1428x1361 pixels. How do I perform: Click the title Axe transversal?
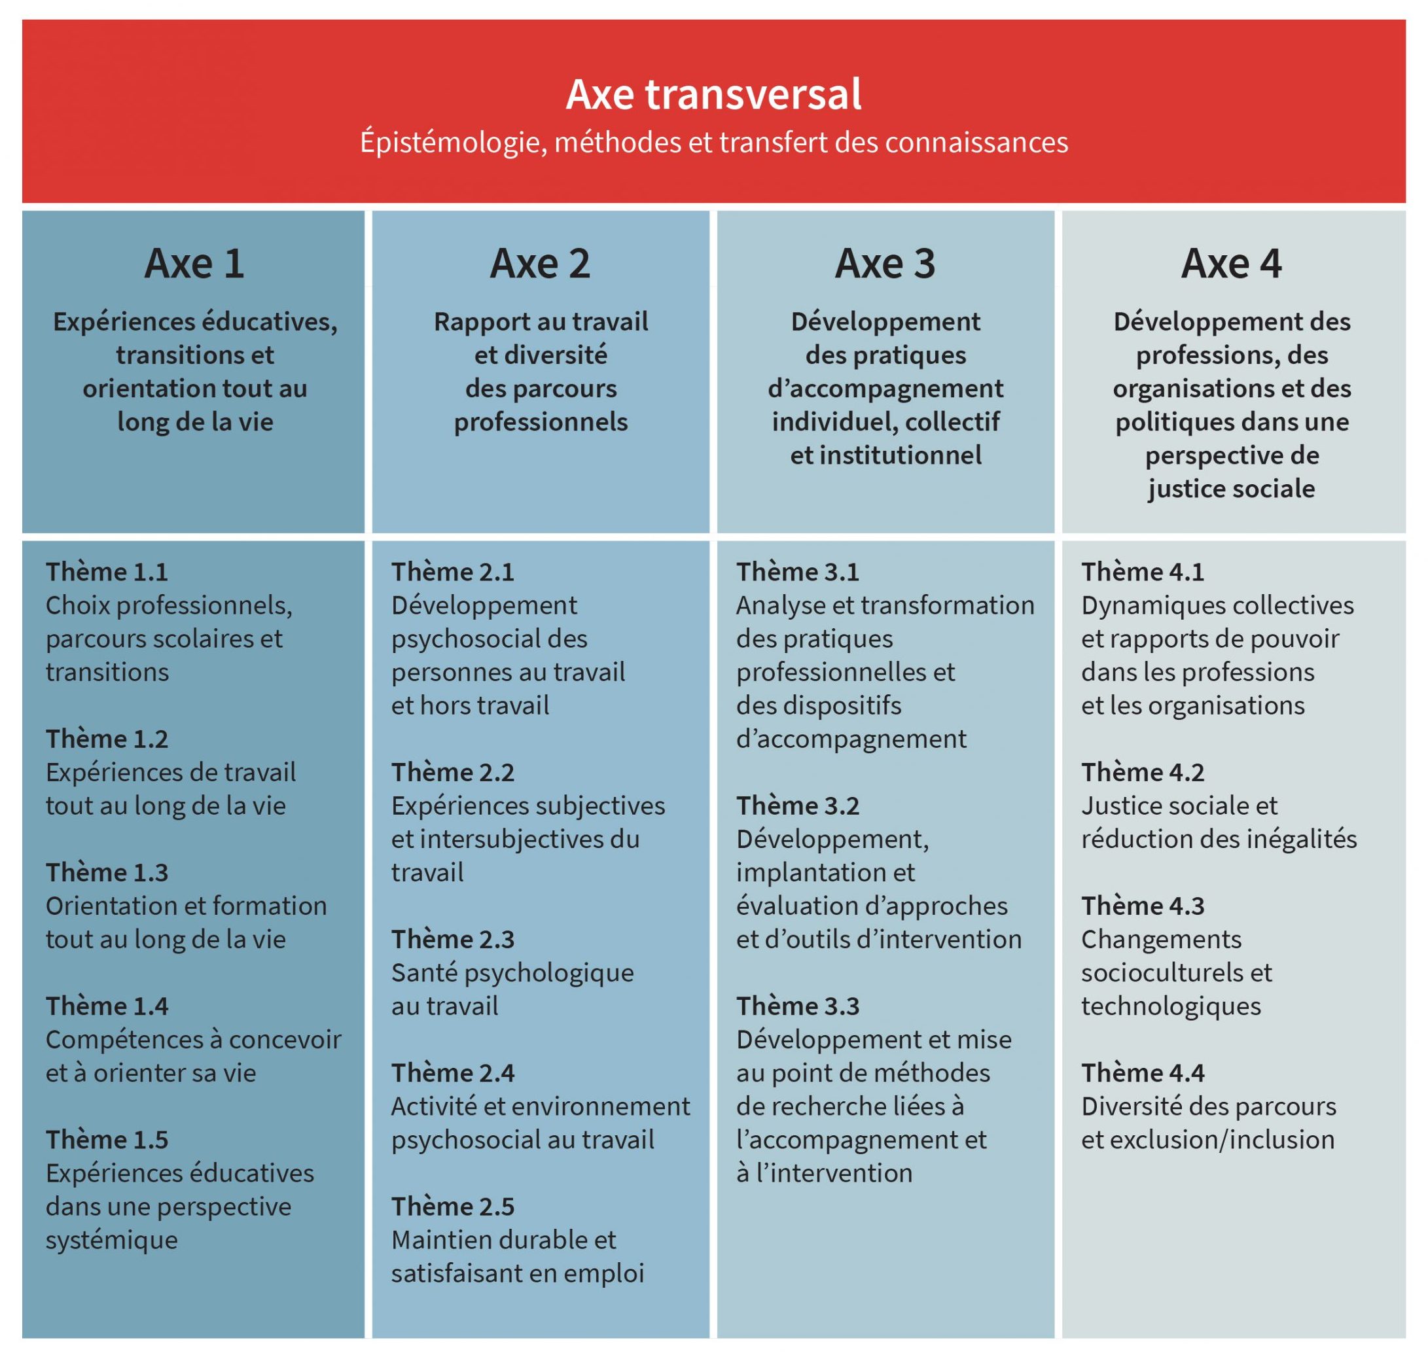(x=713, y=95)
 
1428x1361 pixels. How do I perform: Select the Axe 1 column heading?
(x=194, y=263)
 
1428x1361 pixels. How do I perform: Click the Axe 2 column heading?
(x=541, y=263)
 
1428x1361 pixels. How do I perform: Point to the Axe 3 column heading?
(x=885, y=263)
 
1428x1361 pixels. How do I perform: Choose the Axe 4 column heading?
(x=1232, y=263)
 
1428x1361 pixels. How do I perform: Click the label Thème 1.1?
(x=107, y=573)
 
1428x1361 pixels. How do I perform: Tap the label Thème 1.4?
(x=107, y=1006)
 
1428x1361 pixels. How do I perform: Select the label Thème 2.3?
(x=453, y=940)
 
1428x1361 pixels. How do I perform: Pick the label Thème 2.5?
(x=453, y=1207)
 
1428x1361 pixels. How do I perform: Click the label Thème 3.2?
(x=798, y=806)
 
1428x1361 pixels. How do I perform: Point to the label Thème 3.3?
(x=798, y=1006)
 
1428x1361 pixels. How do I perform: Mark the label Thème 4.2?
(x=1143, y=773)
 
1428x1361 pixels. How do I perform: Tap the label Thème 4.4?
(x=1143, y=1073)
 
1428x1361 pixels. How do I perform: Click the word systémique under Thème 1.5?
(x=112, y=1240)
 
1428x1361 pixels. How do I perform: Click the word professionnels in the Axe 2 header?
(x=541, y=422)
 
